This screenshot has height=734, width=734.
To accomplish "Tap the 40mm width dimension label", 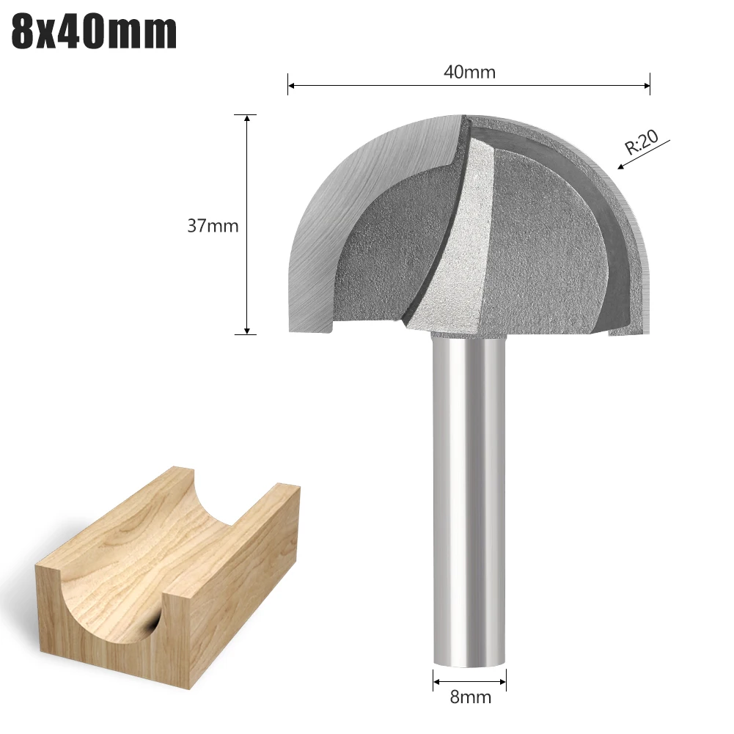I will tap(469, 72).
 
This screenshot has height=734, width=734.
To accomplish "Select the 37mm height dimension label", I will tap(213, 226).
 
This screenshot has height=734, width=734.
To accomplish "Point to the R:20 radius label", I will tap(642, 142).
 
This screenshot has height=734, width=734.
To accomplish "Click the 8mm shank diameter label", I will tap(470, 697).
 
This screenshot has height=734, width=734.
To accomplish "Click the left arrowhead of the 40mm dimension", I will tap(291, 86).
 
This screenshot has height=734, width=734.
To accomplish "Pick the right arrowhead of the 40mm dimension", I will tap(647, 86).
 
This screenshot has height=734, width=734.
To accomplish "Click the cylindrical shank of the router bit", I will tap(469, 499).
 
